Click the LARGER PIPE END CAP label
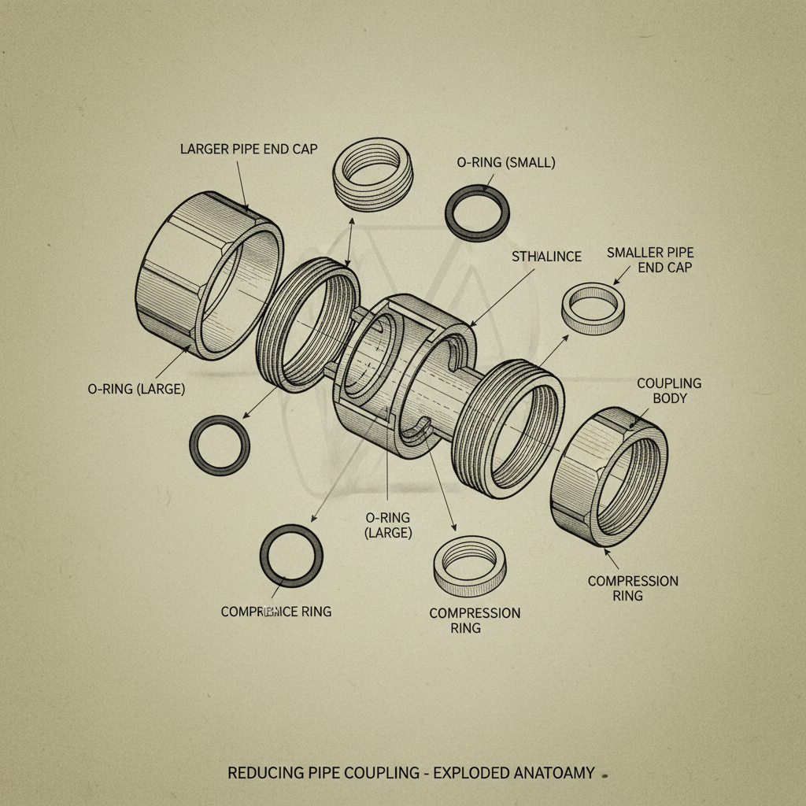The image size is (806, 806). [249, 149]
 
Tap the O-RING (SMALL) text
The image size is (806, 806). [506, 163]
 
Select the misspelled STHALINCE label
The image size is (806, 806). [546, 257]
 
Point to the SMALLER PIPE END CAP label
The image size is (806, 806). [650, 260]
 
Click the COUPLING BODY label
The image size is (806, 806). [668, 390]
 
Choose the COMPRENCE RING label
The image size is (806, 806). [275, 612]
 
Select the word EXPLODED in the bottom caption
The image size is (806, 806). [476, 773]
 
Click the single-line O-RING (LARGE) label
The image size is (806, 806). [136, 389]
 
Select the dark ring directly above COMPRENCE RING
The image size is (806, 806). [291, 556]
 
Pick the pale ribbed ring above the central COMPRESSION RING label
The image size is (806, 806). [469, 565]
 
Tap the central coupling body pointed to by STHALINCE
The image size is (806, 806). [409, 378]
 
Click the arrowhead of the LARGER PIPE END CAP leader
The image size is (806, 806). [246, 210]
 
